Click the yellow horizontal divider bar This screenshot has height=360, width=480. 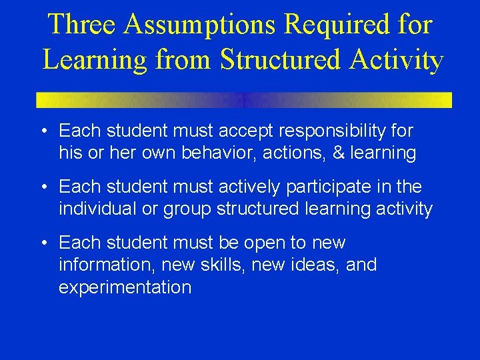tap(244, 100)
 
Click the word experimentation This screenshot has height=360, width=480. tap(125, 287)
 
